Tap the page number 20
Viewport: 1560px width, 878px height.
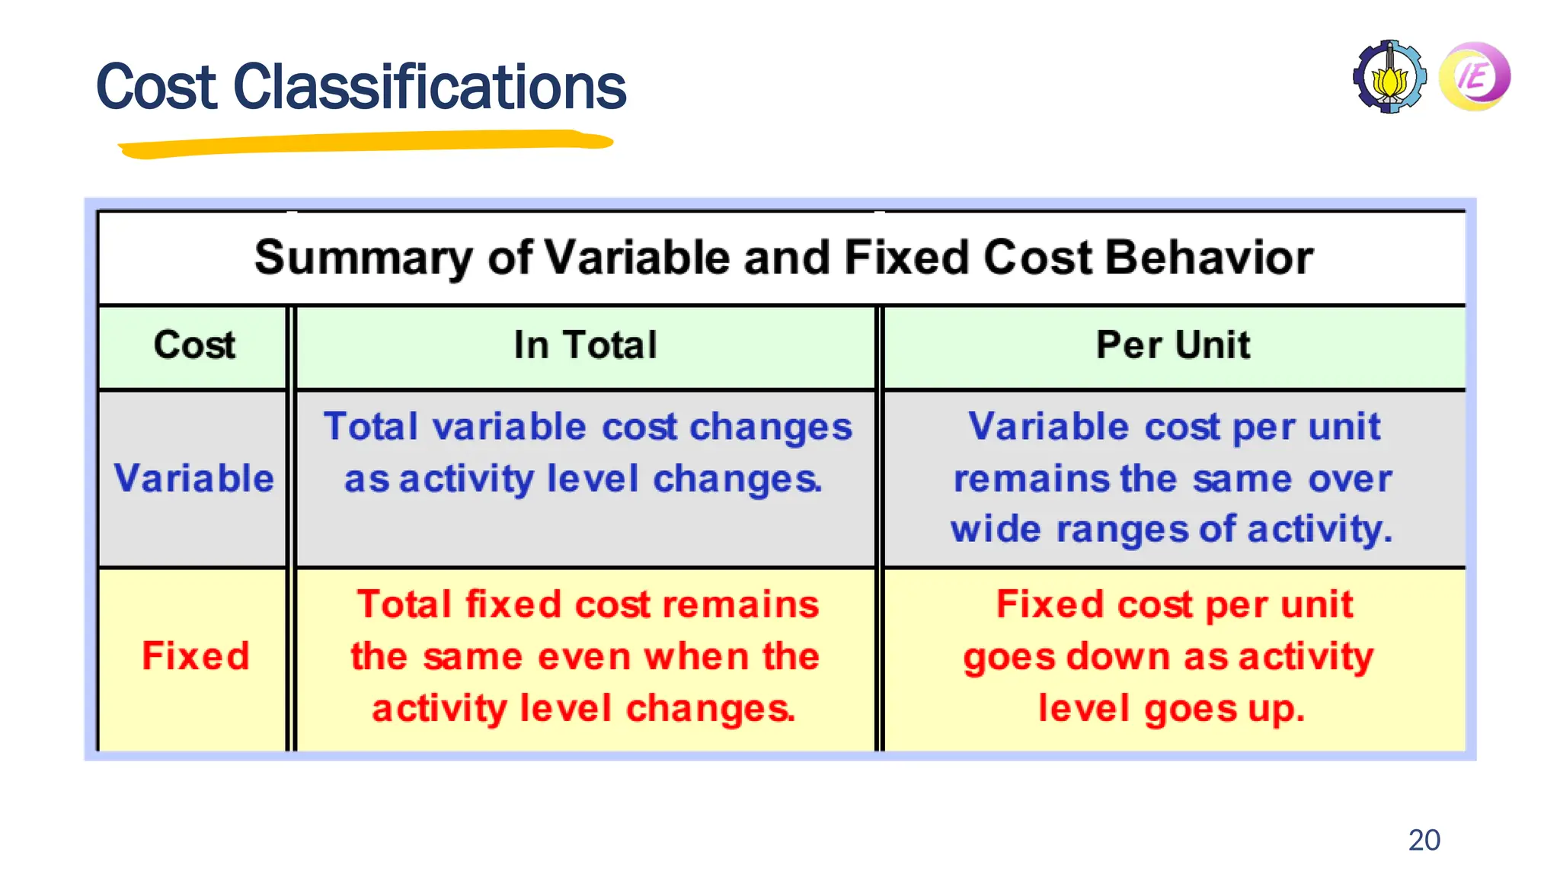1424,840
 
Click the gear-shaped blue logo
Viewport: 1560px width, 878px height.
1389,77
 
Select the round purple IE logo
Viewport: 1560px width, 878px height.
1475,76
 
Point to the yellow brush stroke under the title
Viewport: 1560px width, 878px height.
366,143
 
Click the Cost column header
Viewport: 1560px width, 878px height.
194,344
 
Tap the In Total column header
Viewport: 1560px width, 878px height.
585,344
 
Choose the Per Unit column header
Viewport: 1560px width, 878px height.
1173,344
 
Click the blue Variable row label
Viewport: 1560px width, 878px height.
194,479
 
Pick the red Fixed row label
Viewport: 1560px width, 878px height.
196,656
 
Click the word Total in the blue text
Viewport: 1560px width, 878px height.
371,427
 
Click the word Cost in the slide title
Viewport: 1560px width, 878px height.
156,87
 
